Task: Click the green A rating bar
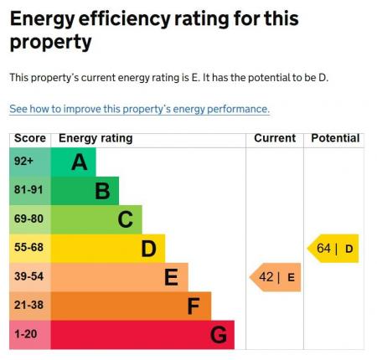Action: (74, 162)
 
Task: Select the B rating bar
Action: (85, 191)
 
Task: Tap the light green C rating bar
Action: (97, 219)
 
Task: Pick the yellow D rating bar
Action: (109, 249)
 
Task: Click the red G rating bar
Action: (143, 335)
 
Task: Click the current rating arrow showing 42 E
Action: (276, 277)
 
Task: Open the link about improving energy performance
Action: (139, 110)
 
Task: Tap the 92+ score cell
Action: (29, 162)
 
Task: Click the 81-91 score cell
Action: (29, 191)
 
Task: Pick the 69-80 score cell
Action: (29, 219)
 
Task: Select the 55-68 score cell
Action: (29, 249)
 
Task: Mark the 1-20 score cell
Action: (29, 335)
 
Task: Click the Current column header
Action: (275, 138)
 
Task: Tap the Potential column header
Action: (335, 138)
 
